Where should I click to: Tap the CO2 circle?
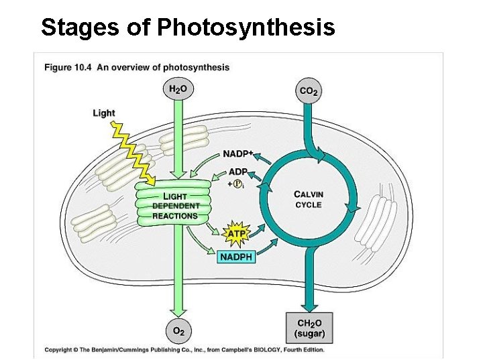point(309,90)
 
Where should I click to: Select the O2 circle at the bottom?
point(177,330)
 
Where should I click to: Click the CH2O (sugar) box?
point(309,328)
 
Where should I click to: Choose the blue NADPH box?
point(236,256)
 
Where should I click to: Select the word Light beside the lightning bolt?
point(104,113)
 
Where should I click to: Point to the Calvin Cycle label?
point(309,199)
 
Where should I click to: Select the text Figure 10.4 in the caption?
point(68,67)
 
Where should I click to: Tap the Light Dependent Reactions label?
point(175,206)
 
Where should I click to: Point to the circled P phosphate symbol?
point(237,184)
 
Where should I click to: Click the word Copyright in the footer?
point(59,349)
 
